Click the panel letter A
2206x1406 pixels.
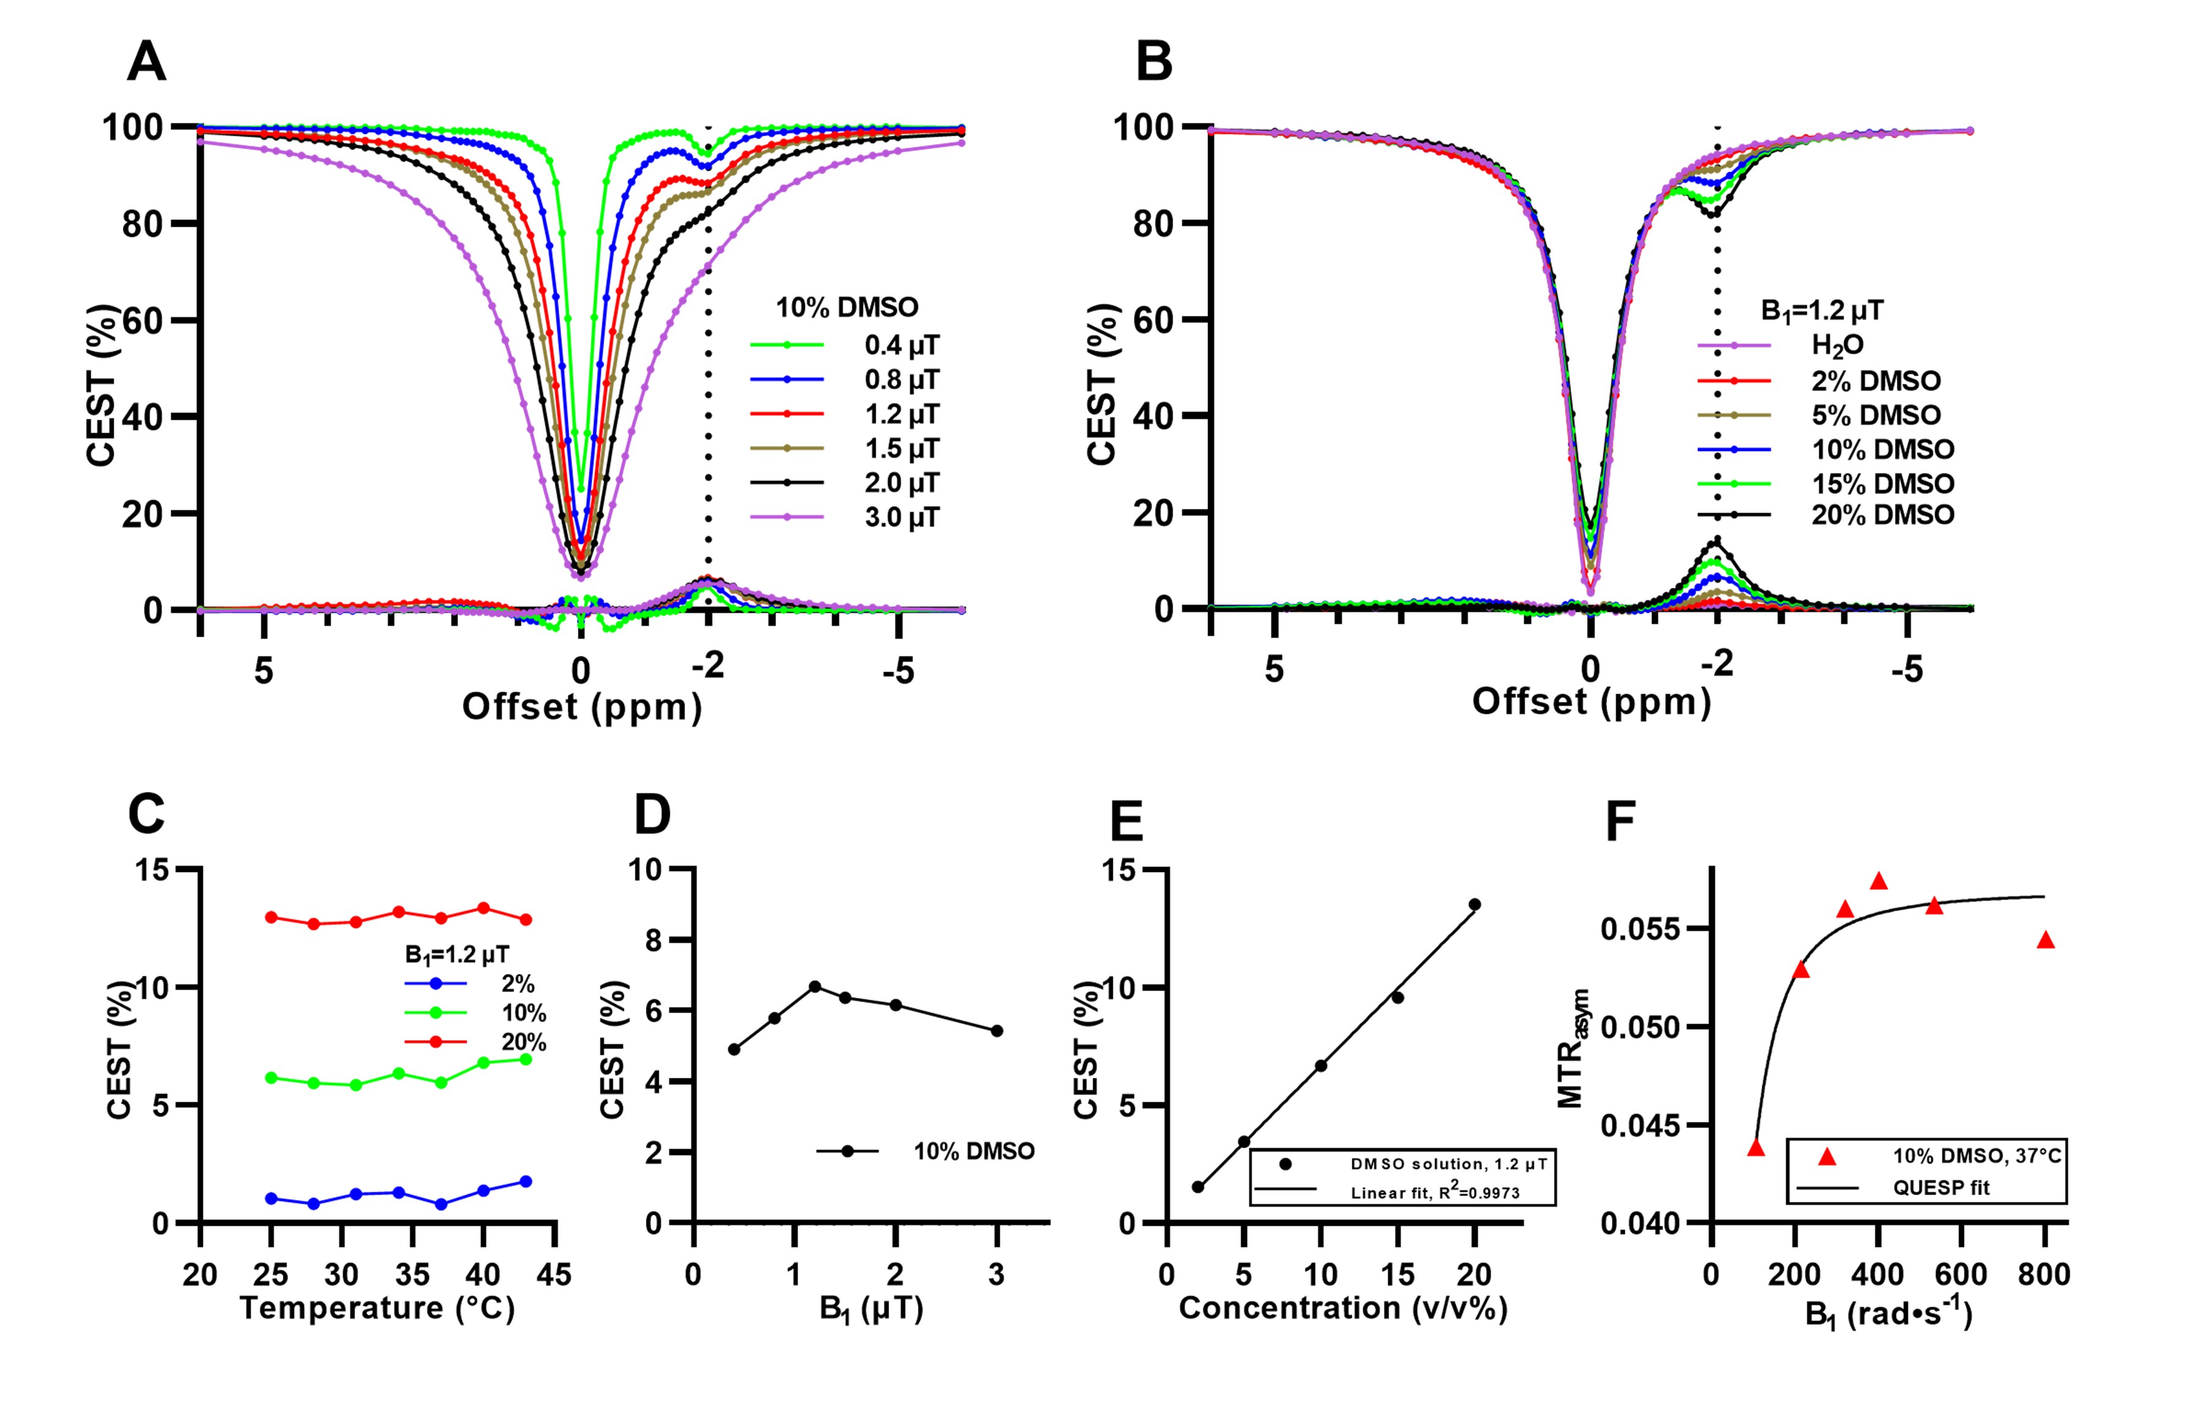147,62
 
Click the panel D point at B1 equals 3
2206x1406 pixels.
997,1030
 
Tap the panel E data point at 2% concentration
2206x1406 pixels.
1197,1187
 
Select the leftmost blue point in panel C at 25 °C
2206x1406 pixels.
271,1198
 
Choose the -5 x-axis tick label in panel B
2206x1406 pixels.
1907,670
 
